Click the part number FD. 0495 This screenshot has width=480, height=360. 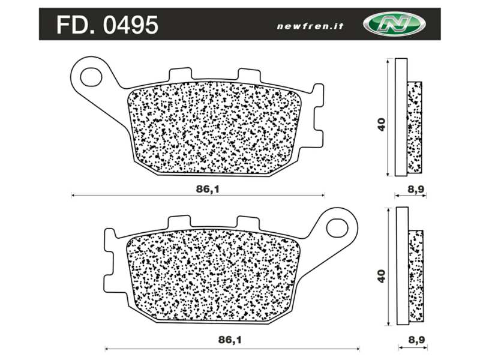click(107, 25)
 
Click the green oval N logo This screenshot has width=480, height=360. click(394, 24)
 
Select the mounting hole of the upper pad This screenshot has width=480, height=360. click(92, 76)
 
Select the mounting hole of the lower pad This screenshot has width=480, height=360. click(337, 227)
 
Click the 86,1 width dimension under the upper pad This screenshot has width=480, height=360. click(205, 188)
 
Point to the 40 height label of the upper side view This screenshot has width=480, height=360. click(381, 124)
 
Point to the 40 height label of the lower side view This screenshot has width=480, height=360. click(381, 275)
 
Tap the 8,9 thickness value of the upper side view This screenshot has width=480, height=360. click(416, 189)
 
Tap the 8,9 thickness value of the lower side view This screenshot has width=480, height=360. click(416, 340)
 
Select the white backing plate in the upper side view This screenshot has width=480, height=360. click(401, 117)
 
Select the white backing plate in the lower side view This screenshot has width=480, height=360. click(402, 267)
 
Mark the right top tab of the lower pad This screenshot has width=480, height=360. click(247, 223)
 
